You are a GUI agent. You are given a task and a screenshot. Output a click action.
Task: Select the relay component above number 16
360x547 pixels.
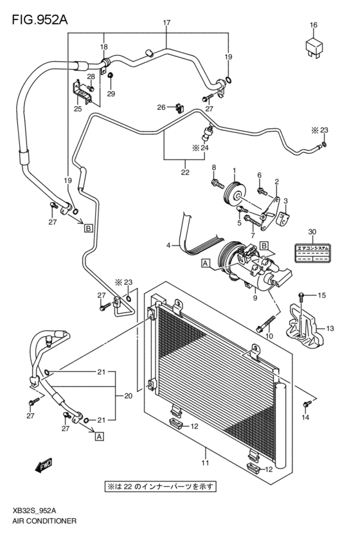(313, 46)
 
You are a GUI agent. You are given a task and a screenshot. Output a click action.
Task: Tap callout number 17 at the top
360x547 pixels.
(166, 24)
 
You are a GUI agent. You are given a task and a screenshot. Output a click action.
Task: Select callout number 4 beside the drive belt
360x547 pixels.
(168, 245)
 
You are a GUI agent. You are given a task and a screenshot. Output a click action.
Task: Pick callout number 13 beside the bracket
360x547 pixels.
(330, 328)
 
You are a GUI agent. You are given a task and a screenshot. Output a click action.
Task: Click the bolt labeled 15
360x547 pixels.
(305, 296)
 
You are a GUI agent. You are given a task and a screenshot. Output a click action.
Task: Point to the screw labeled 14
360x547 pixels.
(308, 402)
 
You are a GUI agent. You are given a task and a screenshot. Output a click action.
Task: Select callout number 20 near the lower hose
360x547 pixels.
(129, 396)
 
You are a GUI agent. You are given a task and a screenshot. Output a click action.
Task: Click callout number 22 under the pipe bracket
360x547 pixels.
(184, 172)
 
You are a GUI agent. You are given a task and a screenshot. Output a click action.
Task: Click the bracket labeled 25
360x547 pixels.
(83, 94)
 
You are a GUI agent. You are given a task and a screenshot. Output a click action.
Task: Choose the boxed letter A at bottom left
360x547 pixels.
(99, 436)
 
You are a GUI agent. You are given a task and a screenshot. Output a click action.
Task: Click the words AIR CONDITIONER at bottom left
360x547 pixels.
(44, 520)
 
